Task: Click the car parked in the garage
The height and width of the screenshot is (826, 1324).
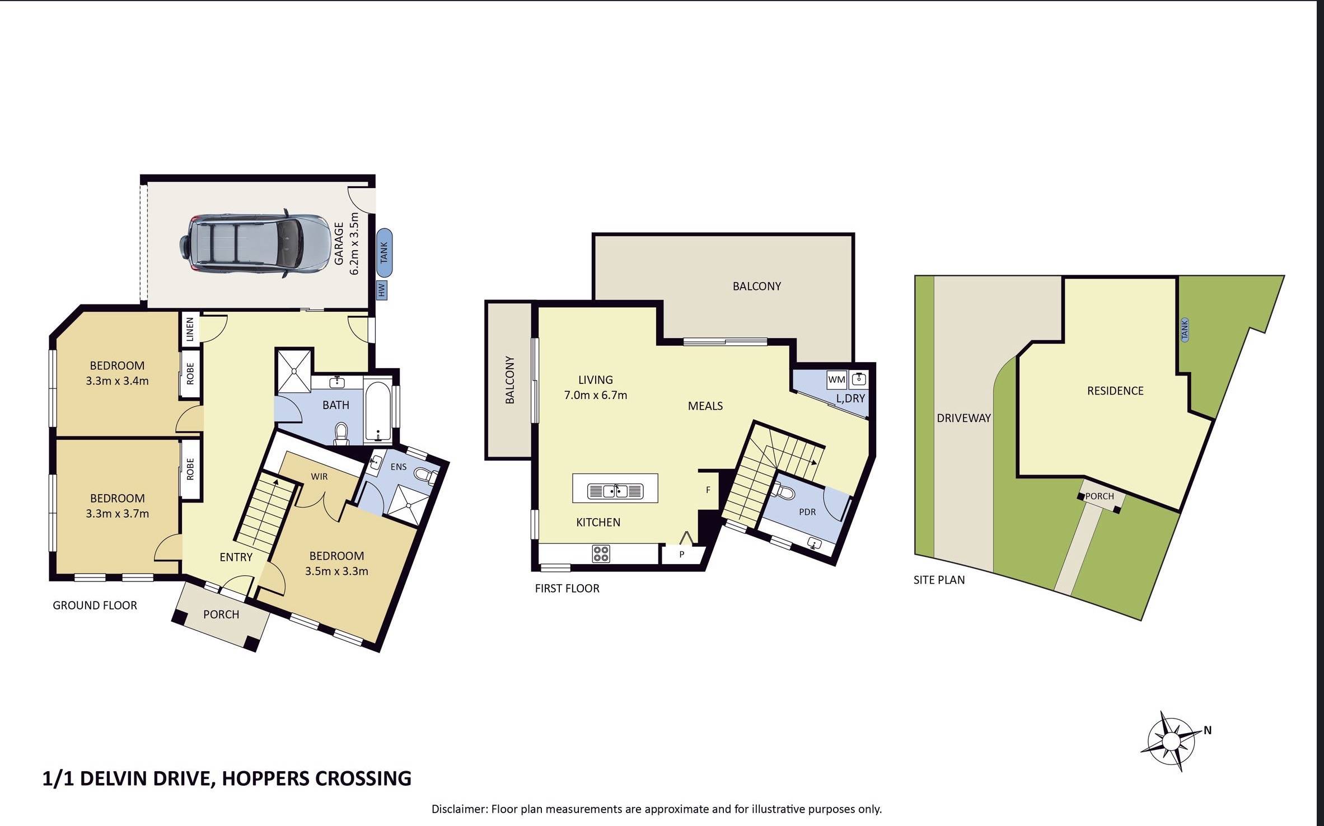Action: tap(255, 243)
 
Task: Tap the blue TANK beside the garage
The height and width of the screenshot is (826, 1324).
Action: tap(384, 252)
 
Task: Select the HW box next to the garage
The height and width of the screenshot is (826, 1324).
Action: tap(382, 290)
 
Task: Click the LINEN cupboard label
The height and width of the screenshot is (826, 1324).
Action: tap(189, 329)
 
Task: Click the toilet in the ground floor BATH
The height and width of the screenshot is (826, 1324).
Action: tap(340, 434)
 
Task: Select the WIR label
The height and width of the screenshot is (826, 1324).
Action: tap(319, 476)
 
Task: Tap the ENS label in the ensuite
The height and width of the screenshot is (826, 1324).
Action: tap(399, 466)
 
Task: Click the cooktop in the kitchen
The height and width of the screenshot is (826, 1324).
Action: tap(601, 553)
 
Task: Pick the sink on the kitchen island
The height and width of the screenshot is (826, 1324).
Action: tap(615, 491)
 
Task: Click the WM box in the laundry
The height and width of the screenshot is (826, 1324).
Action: tap(836, 379)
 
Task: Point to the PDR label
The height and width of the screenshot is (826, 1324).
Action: tap(807, 511)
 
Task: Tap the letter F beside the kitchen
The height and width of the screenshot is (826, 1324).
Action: tap(708, 490)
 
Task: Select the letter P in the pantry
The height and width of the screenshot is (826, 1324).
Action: tap(682, 554)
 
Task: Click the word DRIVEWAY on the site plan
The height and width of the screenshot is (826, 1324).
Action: tap(963, 417)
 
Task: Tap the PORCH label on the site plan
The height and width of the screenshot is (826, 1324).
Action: tap(1100, 496)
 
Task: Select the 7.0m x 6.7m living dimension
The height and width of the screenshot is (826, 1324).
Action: tap(595, 395)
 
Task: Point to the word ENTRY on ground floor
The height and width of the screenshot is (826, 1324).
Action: tap(236, 557)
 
